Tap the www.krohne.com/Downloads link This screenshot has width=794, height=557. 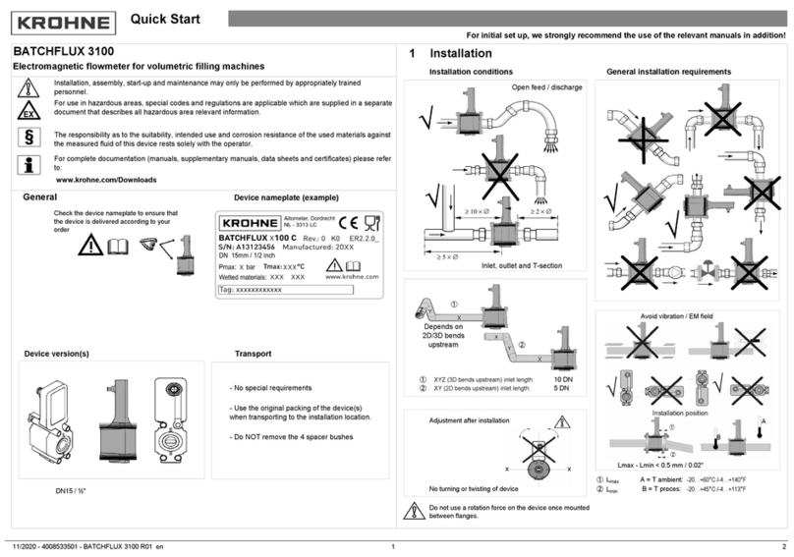tap(106, 180)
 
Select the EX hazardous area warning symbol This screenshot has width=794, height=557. tap(28, 110)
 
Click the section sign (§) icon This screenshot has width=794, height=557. tap(28, 137)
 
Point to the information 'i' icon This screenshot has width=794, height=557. tap(28, 163)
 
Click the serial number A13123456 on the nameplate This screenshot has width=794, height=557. tap(254, 249)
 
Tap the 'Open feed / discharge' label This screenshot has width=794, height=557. tap(546, 86)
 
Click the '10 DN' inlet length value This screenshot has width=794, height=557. tap(563, 378)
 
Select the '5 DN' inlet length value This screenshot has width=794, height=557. tap(563, 388)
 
